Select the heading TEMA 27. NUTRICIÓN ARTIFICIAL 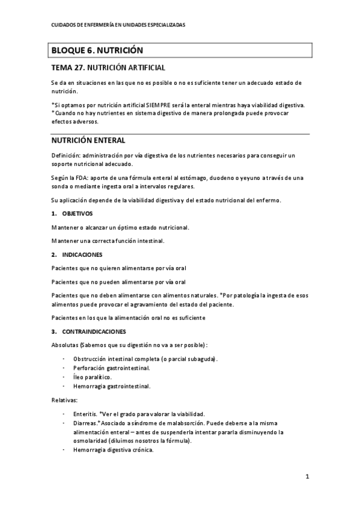pos(108,68)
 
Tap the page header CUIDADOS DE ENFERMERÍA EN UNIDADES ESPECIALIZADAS pos(118,25)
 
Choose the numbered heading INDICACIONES pos(82,254)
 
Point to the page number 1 pos(307,478)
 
